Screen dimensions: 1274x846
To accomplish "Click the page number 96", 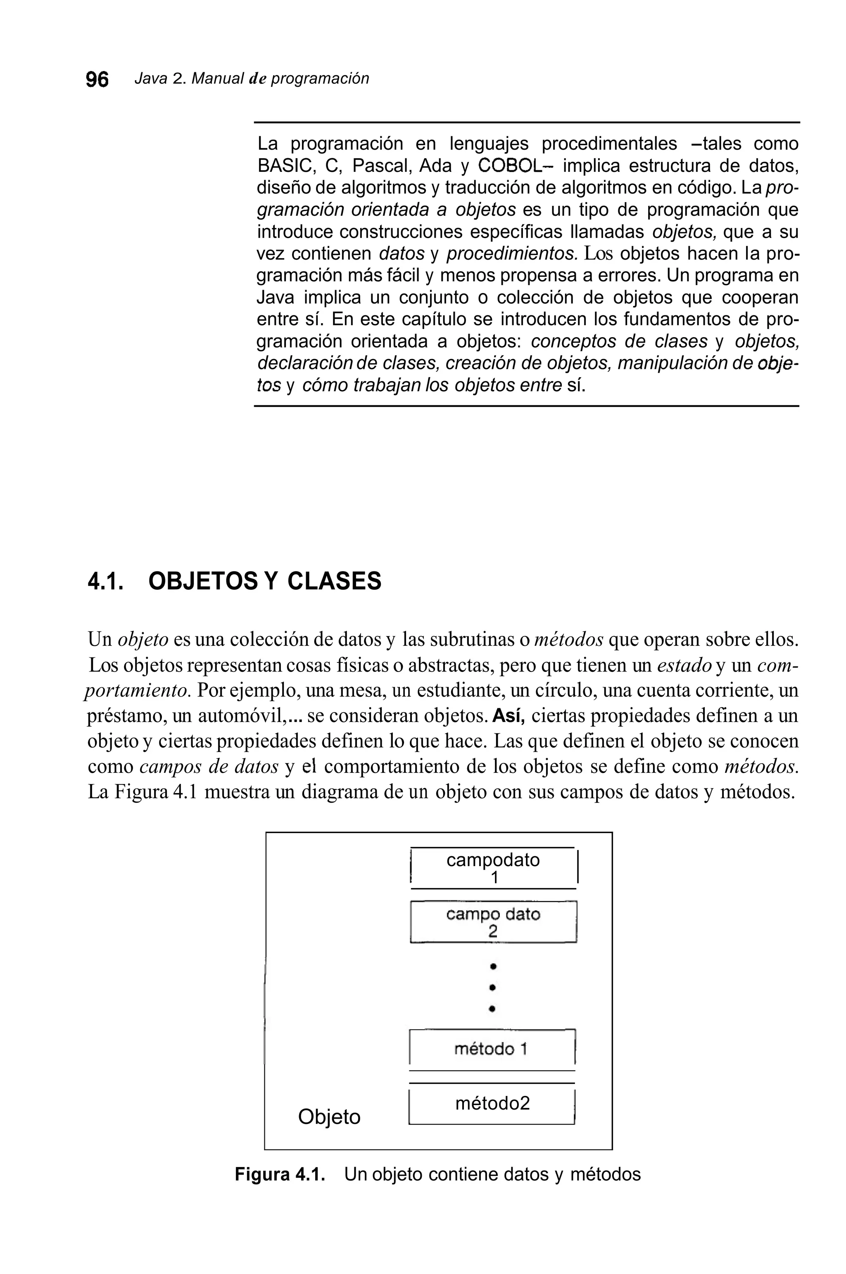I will [97, 79].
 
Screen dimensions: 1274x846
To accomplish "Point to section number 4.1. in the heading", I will [106, 581].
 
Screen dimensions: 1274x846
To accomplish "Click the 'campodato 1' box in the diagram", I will [493, 868].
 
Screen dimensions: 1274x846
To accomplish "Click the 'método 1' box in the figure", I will [492, 1049].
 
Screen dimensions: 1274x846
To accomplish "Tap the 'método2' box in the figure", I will [492, 1104].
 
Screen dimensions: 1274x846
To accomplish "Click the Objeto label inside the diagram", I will [329, 1117].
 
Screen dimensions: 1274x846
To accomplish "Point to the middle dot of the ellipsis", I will [492, 987].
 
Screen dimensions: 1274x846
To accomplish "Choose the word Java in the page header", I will [150, 79].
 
